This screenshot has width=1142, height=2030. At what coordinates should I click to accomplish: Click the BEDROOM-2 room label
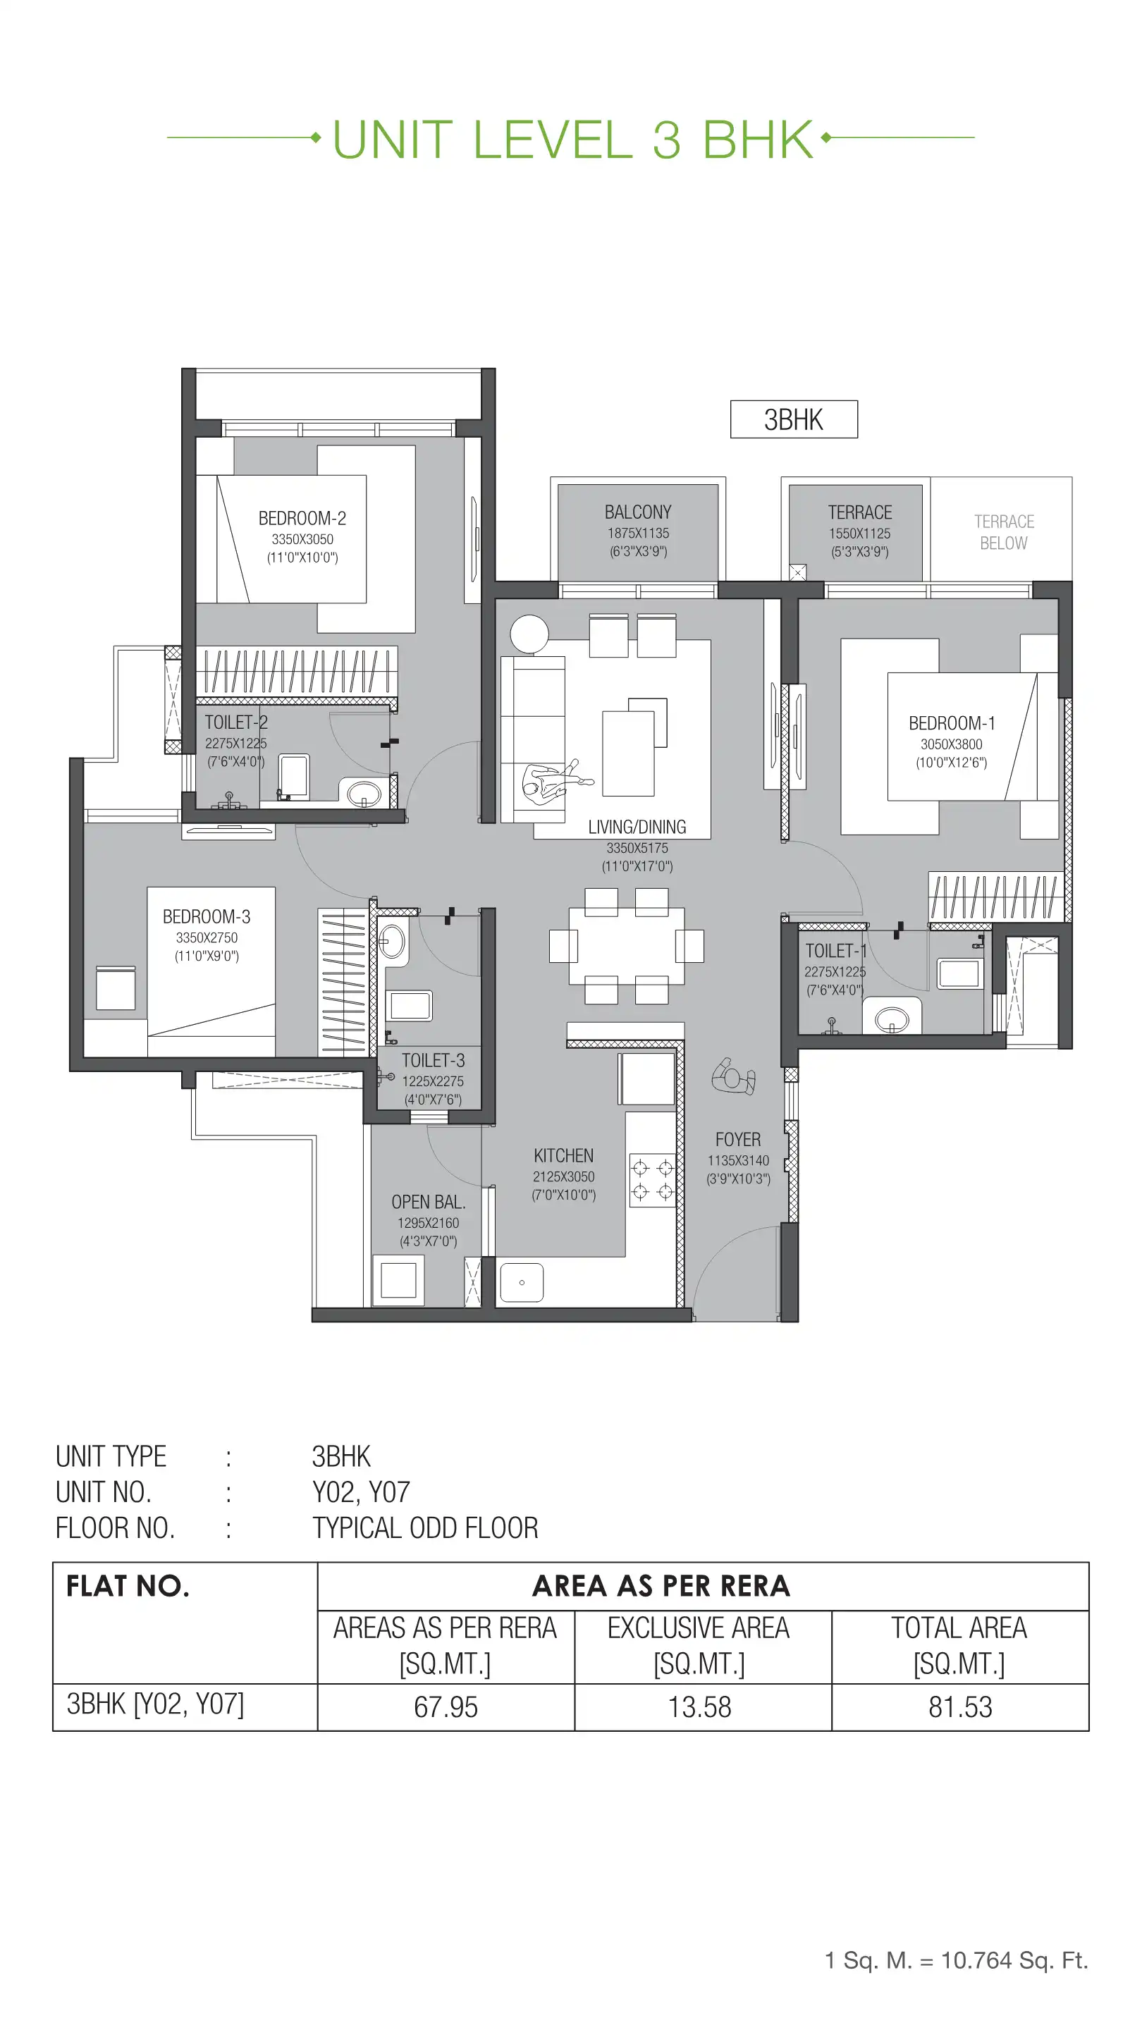(x=302, y=519)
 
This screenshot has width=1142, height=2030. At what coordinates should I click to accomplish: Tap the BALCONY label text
(x=637, y=512)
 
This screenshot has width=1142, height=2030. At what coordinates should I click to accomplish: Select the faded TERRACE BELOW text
(x=1003, y=533)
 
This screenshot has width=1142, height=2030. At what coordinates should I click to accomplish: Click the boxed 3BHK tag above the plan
(x=793, y=419)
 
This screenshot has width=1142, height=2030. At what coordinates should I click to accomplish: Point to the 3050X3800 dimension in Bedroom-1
(x=951, y=744)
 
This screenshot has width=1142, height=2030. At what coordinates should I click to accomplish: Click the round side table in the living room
(x=529, y=634)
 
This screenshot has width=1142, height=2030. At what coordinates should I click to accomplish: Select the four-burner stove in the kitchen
(x=653, y=1179)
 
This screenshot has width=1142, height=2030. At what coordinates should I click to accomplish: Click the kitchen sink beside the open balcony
(x=522, y=1282)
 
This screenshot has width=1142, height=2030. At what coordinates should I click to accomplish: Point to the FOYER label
(x=737, y=1140)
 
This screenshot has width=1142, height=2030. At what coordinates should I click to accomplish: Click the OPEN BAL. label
(x=428, y=1202)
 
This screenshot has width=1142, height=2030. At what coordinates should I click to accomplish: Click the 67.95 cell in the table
(x=446, y=1707)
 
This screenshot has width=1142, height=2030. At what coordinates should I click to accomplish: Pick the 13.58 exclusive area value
(x=699, y=1707)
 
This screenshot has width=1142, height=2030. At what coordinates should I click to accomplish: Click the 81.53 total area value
(x=959, y=1707)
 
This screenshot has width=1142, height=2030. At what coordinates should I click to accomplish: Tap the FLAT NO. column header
(x=128, y=1585)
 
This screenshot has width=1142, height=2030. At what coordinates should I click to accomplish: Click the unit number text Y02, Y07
(x=361, y=1491)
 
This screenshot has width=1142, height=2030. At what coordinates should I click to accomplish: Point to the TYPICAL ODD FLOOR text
(x=425, y=1528)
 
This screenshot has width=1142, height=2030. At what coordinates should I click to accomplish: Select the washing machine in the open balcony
(x=398, y=1280)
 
